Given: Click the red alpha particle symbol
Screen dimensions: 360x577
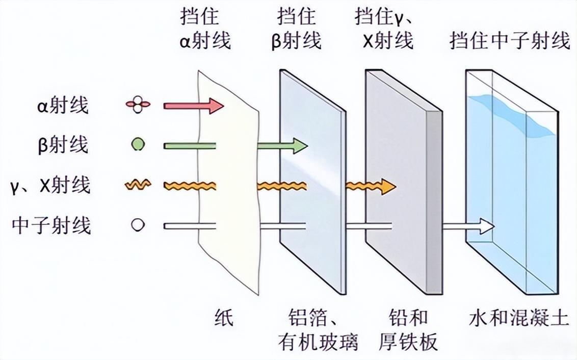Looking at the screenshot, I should point(138,106).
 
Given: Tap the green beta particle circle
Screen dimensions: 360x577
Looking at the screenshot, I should point(138,145).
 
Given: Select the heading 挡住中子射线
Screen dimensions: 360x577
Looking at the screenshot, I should point(510,40).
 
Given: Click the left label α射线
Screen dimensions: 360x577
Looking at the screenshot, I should point(63,106).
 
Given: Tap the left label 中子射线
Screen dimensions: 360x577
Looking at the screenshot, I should point(51,225).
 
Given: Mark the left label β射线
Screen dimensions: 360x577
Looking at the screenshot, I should point(63,145).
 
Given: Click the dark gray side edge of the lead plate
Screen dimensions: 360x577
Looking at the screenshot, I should point(433,204).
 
